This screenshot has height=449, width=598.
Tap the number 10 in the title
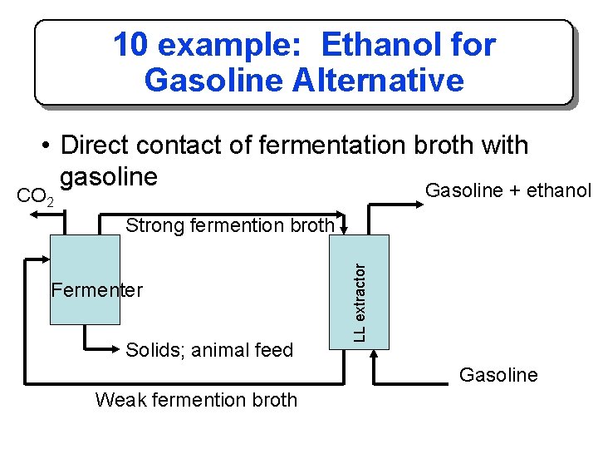tap(130, 45)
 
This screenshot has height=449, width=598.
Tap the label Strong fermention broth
tap(229, 225)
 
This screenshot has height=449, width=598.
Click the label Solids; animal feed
tap(209, 350)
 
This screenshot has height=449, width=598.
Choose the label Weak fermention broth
tap(196, 400)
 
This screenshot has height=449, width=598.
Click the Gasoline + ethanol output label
tap(507, 190)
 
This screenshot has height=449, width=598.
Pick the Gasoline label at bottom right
tap(498, 375)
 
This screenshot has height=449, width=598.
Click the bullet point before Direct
tap(49, 146)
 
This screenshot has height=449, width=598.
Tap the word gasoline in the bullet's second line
tap(109, 176)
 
